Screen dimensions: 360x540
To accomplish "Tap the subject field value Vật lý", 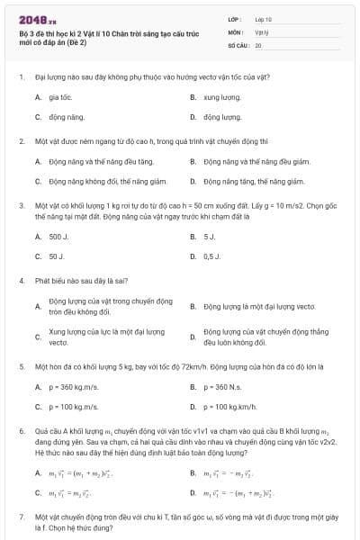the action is [x=261, y=31].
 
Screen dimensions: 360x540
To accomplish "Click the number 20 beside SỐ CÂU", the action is [x=258, y=43].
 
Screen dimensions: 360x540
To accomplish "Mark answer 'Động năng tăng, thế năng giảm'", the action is [x=261, y=181].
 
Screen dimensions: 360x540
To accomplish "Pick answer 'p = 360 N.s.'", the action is [x=222, y=387].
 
